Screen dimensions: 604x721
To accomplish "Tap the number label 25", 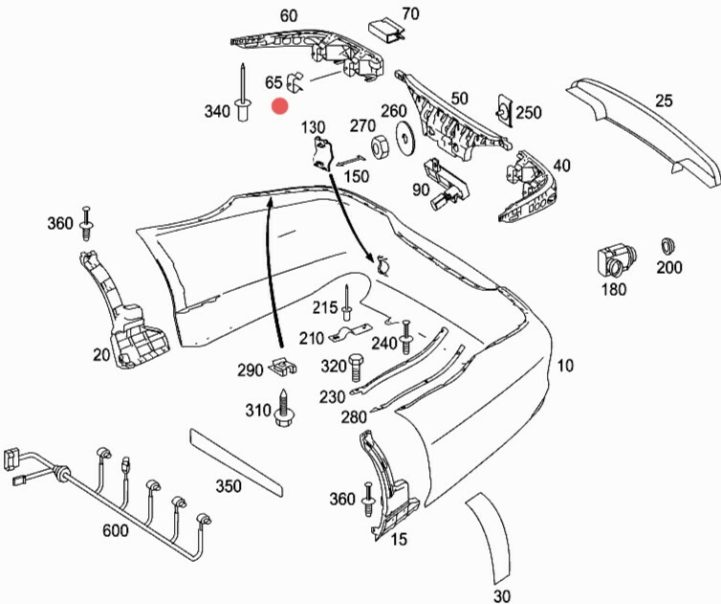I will click(665, 100).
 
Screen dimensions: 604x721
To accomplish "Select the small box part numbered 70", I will click(385, 30).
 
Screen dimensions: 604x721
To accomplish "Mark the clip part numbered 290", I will click(281, 365).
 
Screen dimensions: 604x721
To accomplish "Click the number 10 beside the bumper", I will click(566, 365).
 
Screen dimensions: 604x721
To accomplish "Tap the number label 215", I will click(325, 307).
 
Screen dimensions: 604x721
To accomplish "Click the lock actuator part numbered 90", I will click(444, 182).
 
